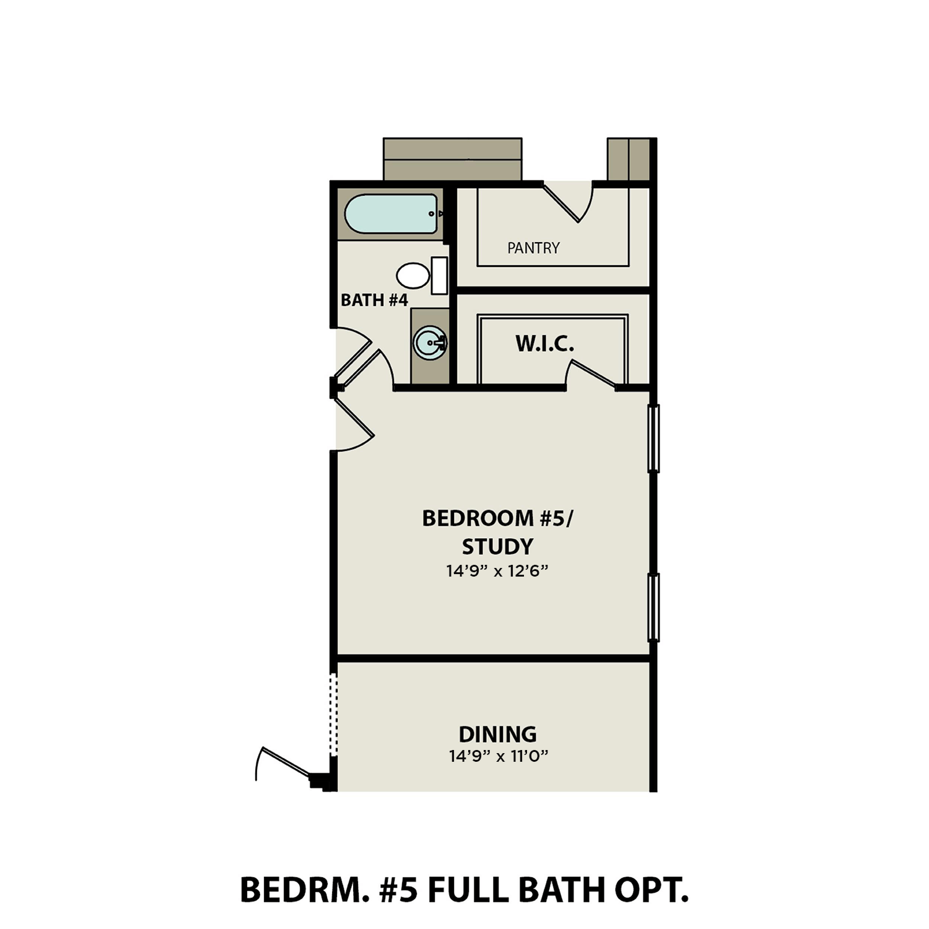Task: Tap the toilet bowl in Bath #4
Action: tap(412, 276)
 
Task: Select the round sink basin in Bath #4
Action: tap(429, 342)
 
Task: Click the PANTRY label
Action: tap(533, 248)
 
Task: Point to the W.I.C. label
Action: tap(545, 344)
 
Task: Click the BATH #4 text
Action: tap(374, 300)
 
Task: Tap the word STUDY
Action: tap(497, 546)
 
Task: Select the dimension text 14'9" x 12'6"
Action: tap(497, 571)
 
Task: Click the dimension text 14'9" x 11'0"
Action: tap(499, 756)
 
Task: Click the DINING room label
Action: tap(497, 734)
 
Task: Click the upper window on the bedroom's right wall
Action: tap(653, 438)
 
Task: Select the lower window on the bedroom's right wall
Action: tap(653, 607)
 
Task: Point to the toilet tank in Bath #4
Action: tap(439, 276)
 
